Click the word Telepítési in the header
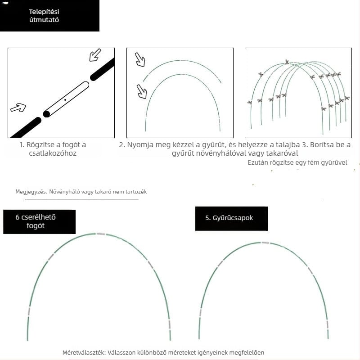44,12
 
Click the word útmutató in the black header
44,20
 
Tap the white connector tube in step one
66,99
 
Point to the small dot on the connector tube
65,100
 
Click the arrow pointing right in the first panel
18,108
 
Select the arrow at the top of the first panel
95,55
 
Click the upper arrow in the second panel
140,60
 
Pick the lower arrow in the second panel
142,92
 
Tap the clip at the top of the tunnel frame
287,62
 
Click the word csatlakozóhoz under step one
53,153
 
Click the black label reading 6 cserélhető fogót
39,222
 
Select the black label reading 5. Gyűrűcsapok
231,219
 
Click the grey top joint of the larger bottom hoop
101,234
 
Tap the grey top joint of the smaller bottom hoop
265,243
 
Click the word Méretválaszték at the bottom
84,352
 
